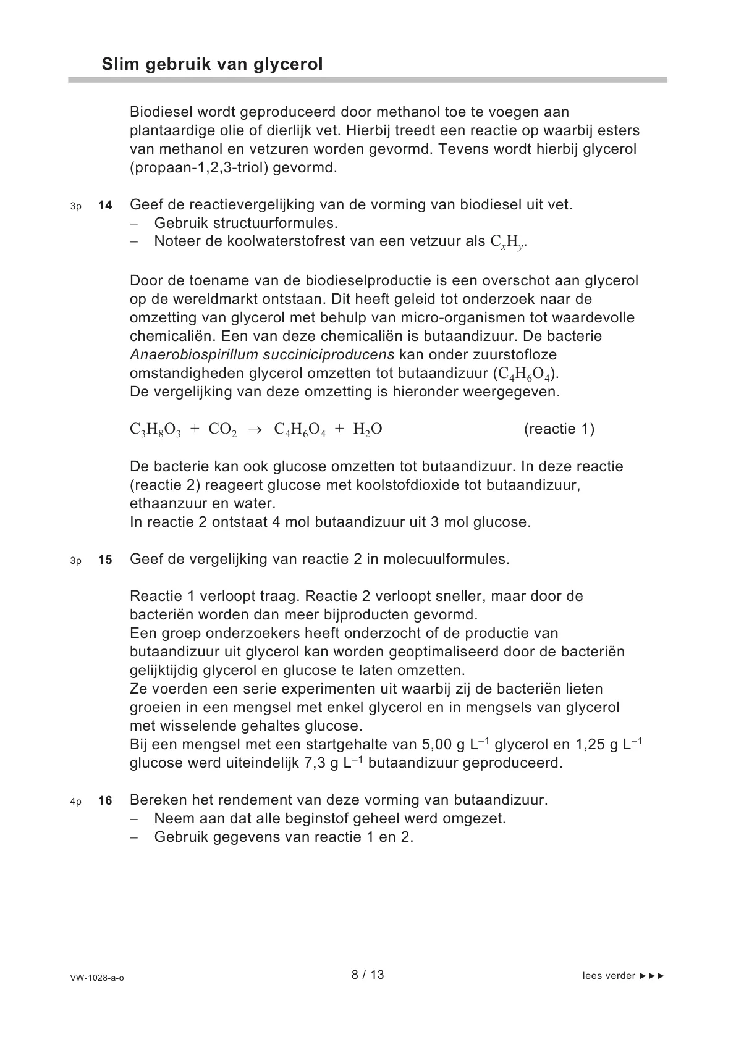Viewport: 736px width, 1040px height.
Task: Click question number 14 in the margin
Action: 105,206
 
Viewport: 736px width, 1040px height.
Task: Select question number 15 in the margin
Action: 105,560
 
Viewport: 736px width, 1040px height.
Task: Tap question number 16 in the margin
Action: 105,801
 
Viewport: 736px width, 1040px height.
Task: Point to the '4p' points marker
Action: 75,802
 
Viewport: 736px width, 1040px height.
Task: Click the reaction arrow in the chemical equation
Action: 255,430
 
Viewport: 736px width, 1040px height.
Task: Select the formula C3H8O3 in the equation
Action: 155,430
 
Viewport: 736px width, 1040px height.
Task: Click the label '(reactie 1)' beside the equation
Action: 559,429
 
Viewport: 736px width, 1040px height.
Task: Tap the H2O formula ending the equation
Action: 368,430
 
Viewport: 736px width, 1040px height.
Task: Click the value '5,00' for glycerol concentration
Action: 437,744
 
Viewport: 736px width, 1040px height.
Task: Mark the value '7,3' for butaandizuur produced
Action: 315,763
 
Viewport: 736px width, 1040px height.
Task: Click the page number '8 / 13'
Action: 368,975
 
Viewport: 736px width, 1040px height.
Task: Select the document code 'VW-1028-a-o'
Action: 97,978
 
